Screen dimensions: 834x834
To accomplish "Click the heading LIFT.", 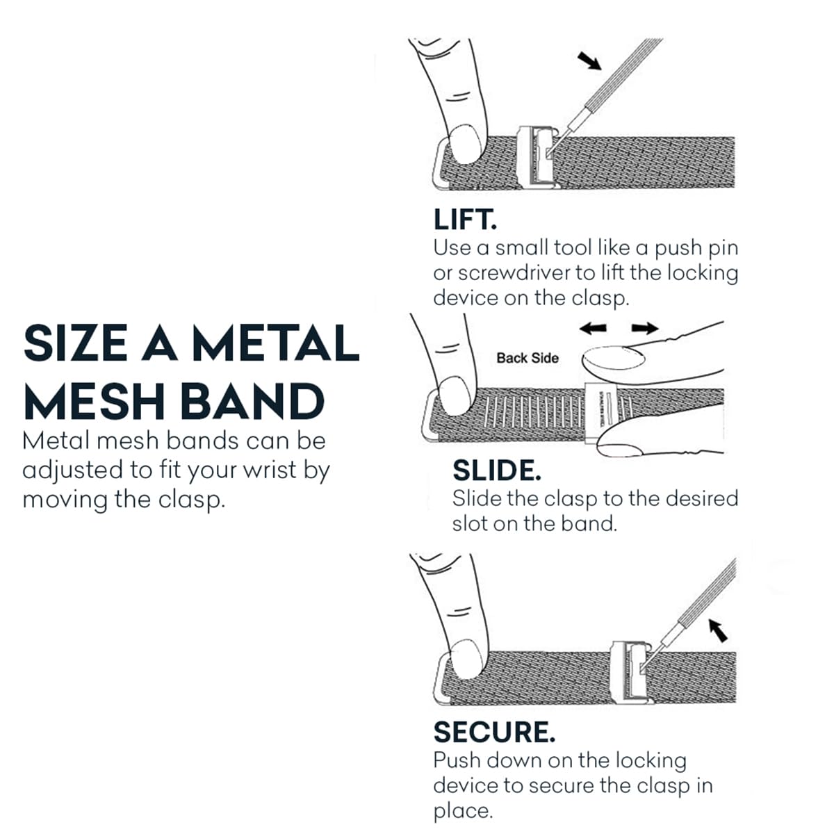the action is click(465, 220).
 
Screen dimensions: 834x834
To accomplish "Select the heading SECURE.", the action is click(494, 732).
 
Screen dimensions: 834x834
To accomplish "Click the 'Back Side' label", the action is click(527, 358).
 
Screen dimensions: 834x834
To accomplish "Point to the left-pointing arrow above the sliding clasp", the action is click(593, 329).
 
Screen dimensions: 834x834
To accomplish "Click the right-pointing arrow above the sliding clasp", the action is click(645, 328).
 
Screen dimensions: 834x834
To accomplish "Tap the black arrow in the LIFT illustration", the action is click(589, 60).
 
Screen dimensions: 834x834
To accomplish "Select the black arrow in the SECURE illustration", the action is click(718, 630).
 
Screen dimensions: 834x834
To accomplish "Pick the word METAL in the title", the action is click(276, 343).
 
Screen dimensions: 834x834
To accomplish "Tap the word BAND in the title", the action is click(252, 401).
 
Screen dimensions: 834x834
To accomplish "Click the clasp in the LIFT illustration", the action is click(538, 158).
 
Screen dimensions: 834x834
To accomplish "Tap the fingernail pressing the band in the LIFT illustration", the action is click(465, 144).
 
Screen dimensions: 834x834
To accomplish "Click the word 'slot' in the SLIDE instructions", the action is click(470, 524).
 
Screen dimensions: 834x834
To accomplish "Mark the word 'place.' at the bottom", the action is click(463, 810).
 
